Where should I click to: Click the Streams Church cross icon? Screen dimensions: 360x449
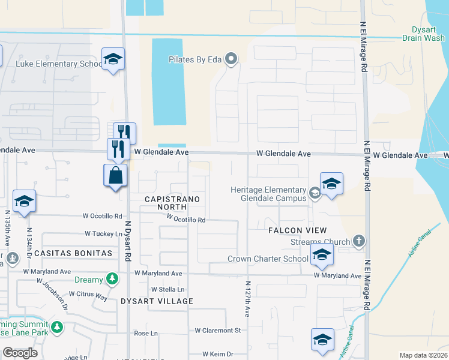point(359,241)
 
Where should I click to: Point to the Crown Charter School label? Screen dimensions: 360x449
point(268,259)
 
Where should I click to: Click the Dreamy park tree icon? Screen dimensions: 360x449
point(112,279)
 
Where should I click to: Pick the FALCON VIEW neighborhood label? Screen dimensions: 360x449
point(298,230)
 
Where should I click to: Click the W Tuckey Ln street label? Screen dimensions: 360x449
point(103,233)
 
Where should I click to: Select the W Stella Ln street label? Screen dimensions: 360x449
point(167,289)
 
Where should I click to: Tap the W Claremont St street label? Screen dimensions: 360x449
point(217,330)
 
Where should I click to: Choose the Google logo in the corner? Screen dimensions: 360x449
point(20,353)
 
